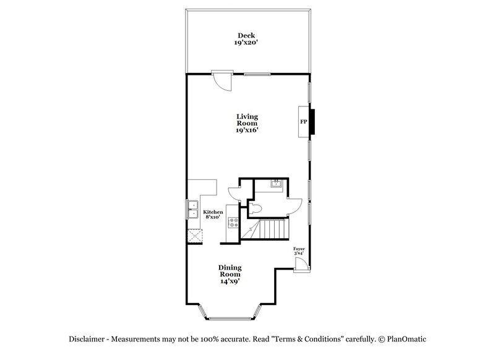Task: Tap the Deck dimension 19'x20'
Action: click(247, 43)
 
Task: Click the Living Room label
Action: click(247, 119)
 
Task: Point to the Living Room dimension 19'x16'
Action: click(247, 130)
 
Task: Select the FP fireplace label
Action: click(304, 122)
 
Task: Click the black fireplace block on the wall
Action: click(313, 121)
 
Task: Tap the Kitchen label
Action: click(214, 212)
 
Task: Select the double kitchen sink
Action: click(192, 210)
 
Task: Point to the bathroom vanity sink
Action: click(277, 183)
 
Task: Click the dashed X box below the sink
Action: click(196, 236)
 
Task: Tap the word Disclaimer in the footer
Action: click(86, 340)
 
